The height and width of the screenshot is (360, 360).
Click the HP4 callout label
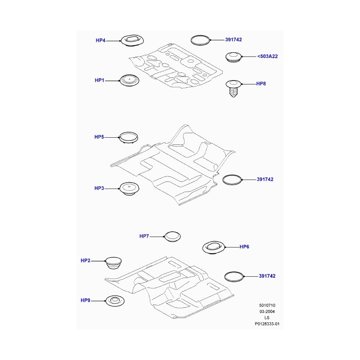[100, 40]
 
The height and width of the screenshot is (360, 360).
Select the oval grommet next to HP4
[132, 40]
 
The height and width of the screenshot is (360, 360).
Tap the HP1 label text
[99, 81]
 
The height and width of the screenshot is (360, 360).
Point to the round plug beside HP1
[130, 81]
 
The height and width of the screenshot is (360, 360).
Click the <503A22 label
[267, 56]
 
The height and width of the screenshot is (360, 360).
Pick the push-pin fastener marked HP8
[234, 88]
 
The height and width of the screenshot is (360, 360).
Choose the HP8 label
[261, 84]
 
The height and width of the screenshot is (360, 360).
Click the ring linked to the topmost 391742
[200, 40]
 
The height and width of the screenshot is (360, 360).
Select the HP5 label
[99, 137]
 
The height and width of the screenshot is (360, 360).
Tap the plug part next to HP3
[129, 189]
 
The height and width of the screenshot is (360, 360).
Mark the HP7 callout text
[144, 236]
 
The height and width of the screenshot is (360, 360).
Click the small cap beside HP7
[172, 237]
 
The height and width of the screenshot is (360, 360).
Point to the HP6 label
[244, 247]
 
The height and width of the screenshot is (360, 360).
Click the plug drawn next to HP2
[113, 263]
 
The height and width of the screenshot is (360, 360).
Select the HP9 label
[85, 301]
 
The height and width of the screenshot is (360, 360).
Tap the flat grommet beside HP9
[115, 301]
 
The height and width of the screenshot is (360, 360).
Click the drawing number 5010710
[267, 306]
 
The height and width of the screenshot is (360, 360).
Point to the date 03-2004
[267, 311]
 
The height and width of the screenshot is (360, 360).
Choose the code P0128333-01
[267, 324]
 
